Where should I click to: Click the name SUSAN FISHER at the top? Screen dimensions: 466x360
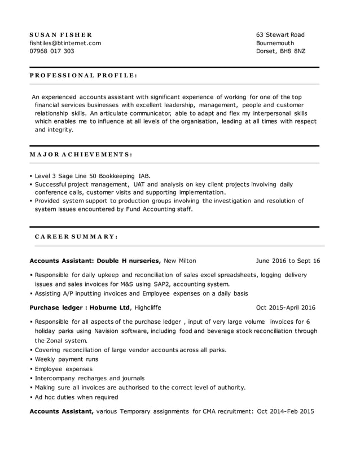[x=60, y=35]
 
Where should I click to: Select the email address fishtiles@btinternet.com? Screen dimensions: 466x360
[x=65, y=43]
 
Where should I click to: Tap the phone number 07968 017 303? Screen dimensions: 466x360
[x=51, y=51]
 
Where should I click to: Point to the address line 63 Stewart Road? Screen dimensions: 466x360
[x=280, y=35]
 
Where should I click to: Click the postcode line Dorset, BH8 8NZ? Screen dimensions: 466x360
[x=280, y=51]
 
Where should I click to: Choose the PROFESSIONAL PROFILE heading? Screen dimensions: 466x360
[x=83, y=75]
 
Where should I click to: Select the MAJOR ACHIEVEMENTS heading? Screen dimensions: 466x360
[x=81, y=154]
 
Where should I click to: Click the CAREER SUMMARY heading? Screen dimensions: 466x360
[x=76, y=236]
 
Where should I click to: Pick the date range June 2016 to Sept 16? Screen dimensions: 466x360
[x=288, y=261]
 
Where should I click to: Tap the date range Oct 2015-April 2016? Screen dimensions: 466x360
[x=286, y=307]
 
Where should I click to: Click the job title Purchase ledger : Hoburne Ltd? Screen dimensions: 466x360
[x=80, y=307]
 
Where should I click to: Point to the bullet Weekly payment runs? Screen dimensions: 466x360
[x=67, y=359]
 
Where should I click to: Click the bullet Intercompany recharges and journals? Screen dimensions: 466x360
[x=90, y=378]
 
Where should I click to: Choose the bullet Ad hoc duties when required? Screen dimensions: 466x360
[x=76, y=397]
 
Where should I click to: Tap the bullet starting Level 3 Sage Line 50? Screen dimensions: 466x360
[x=93, y=175]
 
